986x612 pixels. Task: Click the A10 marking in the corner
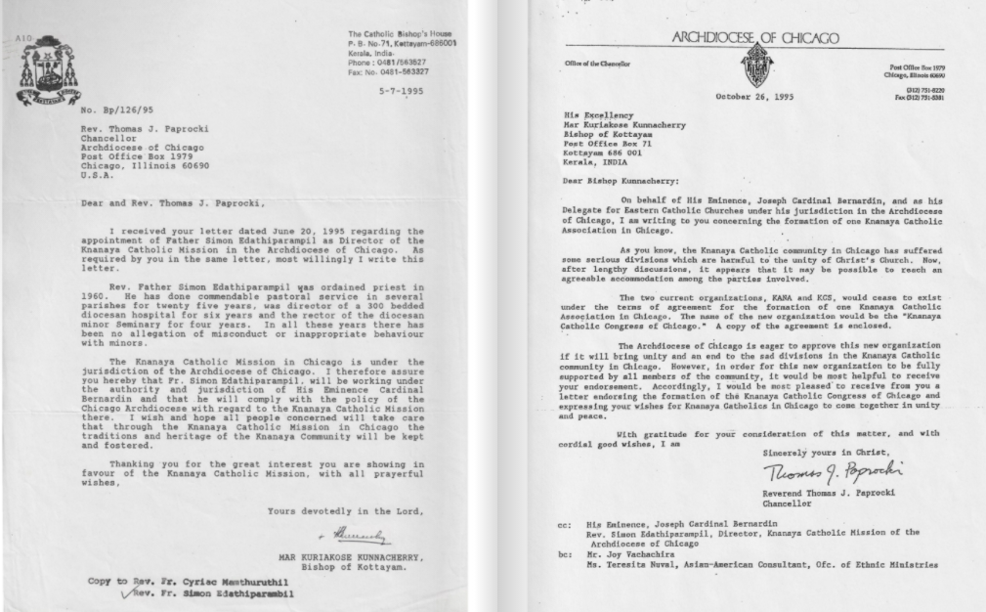click(24, 37)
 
